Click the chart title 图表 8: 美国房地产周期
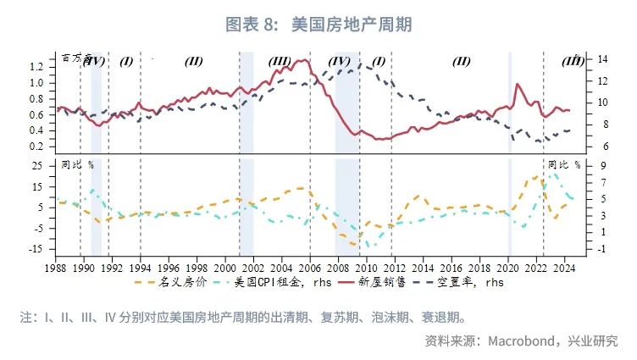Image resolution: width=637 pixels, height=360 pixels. tap(318, 25)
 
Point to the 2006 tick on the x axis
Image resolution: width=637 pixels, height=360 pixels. tap(310, 265)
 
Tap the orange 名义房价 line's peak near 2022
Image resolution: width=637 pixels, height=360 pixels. tap(535, 177)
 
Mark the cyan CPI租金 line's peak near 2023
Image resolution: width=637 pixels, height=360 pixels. tap(553, 174)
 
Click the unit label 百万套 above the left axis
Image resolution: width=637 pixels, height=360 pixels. tap(75, 58)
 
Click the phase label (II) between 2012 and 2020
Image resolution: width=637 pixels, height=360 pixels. tap(461, 61)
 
